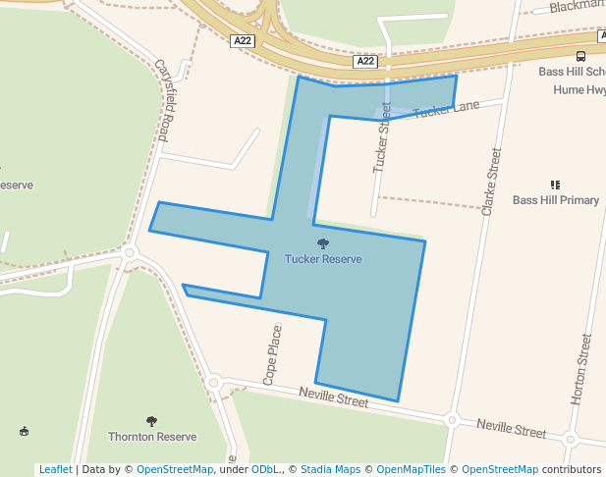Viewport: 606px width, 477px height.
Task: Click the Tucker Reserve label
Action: point(323,259)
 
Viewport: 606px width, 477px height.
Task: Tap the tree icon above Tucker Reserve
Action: point(323,243)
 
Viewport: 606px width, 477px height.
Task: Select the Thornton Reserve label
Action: point(152,437)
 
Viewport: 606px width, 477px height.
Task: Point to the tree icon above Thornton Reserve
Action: point(151,421)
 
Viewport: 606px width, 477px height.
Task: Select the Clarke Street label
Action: point(491,182)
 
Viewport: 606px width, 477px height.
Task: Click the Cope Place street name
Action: point(274,354)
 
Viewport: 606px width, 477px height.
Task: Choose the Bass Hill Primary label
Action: point(556,200)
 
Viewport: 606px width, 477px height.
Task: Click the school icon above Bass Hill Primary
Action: point(556,185)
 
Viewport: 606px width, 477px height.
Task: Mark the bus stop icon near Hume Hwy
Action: point(581,56)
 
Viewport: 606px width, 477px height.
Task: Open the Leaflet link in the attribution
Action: point(55,469)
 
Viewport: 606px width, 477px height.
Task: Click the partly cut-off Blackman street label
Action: point(578,6)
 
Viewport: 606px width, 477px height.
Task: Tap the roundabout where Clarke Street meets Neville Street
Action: point(452,420)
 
